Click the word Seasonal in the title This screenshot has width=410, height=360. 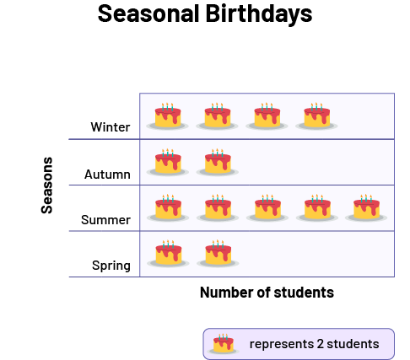tap(148, 13)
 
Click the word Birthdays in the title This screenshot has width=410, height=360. tap(259, 14)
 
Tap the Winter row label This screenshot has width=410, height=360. tap(111, 127)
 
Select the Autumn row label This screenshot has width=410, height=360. tap(107, 175)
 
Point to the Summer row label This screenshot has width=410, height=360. tap(105, 220)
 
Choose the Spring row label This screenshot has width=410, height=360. tap(111, 266)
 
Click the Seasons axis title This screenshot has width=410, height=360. tap(46, 185)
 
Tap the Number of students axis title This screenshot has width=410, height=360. tap(267, 293)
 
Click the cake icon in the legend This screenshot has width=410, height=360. tap(224, 344)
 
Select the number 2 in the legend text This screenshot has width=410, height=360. tap(320, 344)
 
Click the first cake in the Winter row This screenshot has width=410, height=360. tap(168, 116)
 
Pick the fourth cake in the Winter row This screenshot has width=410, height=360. tap(316, 116)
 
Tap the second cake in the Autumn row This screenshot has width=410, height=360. tap(218, 162)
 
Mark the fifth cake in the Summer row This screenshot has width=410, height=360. tap(366, 207)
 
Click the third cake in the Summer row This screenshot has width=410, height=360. tap(267, 207)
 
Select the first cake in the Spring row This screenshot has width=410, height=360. tap(168, 254)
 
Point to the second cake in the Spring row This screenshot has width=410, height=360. tap(218, 254)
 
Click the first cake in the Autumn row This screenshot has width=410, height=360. tap(168, 162)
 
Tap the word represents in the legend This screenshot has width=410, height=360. tap(282, 345)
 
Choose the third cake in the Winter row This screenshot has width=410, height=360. tap(267, 116)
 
